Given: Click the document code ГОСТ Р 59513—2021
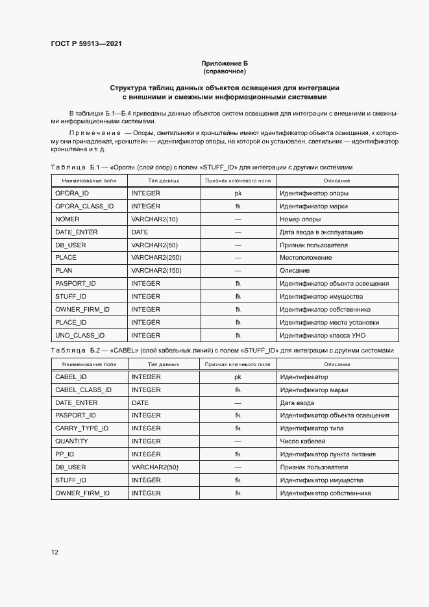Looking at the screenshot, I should [x=86, y=43].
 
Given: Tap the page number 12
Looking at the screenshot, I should [x=55, y=552].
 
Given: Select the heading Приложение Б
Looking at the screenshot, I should [x=225, y=63].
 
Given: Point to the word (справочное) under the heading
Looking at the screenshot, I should [x=225, y=71].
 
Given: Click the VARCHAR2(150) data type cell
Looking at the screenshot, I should [x=156, y=271].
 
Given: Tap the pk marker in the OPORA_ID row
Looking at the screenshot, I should [x=238, y=193].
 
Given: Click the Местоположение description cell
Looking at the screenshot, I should [x=306, y=258].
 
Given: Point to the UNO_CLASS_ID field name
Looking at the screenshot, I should [x=80, y=336].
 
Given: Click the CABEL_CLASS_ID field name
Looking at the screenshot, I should [x=83, y=390].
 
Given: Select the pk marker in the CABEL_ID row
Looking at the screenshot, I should [x=238, y=377].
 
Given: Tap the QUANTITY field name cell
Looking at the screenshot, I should [x=71, y=441].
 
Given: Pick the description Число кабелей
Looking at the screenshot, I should [x=302, y=441].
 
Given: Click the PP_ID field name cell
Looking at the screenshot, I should [x=65, y=454].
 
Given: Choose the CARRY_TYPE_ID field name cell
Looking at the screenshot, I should [x=82, y=428].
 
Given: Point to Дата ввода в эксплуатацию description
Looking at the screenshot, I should [x=321, y=232].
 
